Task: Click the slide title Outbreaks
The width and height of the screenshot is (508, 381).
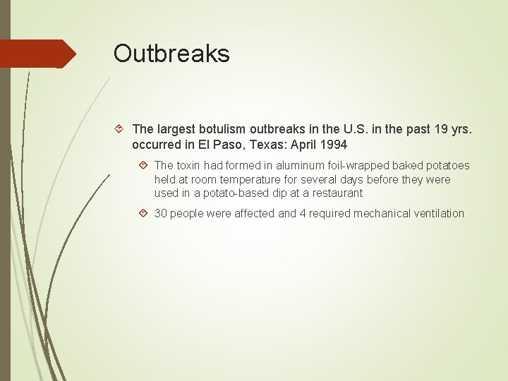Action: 171,54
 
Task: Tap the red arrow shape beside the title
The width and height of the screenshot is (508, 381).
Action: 39,54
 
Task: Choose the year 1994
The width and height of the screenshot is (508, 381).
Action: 332,145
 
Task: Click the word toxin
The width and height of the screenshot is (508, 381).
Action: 191,166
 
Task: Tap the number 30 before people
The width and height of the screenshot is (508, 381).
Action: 160,213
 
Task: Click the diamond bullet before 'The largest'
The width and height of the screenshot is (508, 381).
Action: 120,129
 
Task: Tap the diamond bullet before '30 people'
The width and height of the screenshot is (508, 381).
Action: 143,213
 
